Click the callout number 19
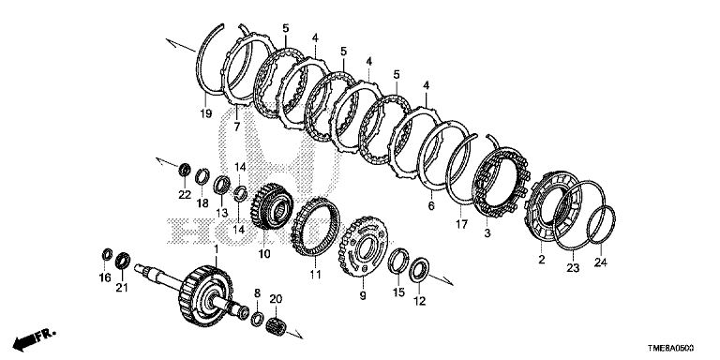(x=206, y=112)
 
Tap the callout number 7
(x=237, y=127)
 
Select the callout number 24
(x=601, y=262)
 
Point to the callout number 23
(x=573, y=268)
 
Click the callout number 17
(x=461, y=224)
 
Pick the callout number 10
(x=264, y=253)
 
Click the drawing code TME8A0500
(x=671, y=349)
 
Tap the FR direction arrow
(x=33, y=338)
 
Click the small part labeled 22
(x=185, y=170)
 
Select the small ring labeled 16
(x=107, y=253)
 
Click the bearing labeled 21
(x=123, y=261)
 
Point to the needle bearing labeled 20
(x=276, y=325)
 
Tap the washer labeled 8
(x=257, y=319)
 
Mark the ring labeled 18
(x=202, y=177)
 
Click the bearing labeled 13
(x=222, y=184)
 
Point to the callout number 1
(x=217, y=249)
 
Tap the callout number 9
(x=363, y=296)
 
